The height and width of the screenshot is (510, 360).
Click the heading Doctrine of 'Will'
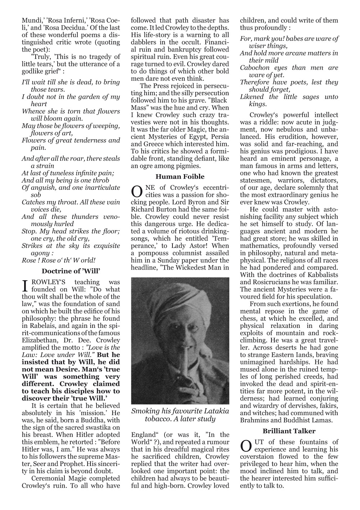coord(71,271)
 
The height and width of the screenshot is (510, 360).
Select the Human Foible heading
coord(180,176)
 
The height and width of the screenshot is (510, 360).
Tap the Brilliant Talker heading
coord(289,431)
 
